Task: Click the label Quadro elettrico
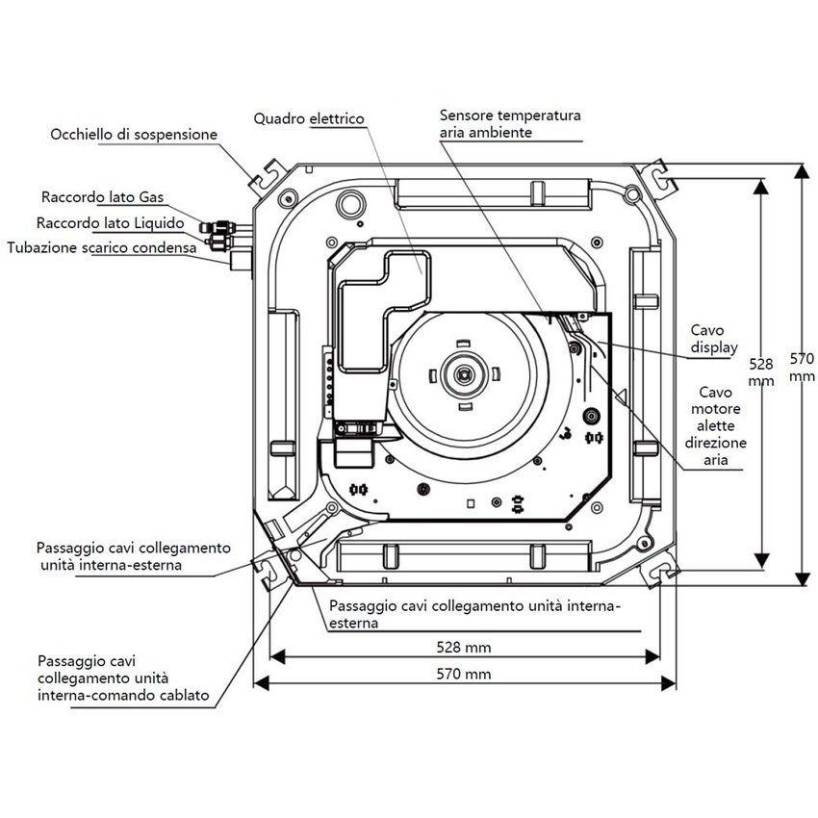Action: (309, 118)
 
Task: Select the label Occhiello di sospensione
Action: (134, 135)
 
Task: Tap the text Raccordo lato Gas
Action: (102, 197)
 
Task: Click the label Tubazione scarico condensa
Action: (101, 247)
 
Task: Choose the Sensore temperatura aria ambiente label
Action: (510, 124)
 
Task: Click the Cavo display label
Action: (715, 338)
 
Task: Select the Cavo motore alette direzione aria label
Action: (715, 426)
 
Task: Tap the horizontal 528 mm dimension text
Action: (464, 647)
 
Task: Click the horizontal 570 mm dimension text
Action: (464, 674)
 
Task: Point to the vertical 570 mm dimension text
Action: (802, 367)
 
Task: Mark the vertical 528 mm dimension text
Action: (761, 372)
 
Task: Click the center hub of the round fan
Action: (466, 371)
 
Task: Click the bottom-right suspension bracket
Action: (661, 573)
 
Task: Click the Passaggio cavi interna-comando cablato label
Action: (122, 677)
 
